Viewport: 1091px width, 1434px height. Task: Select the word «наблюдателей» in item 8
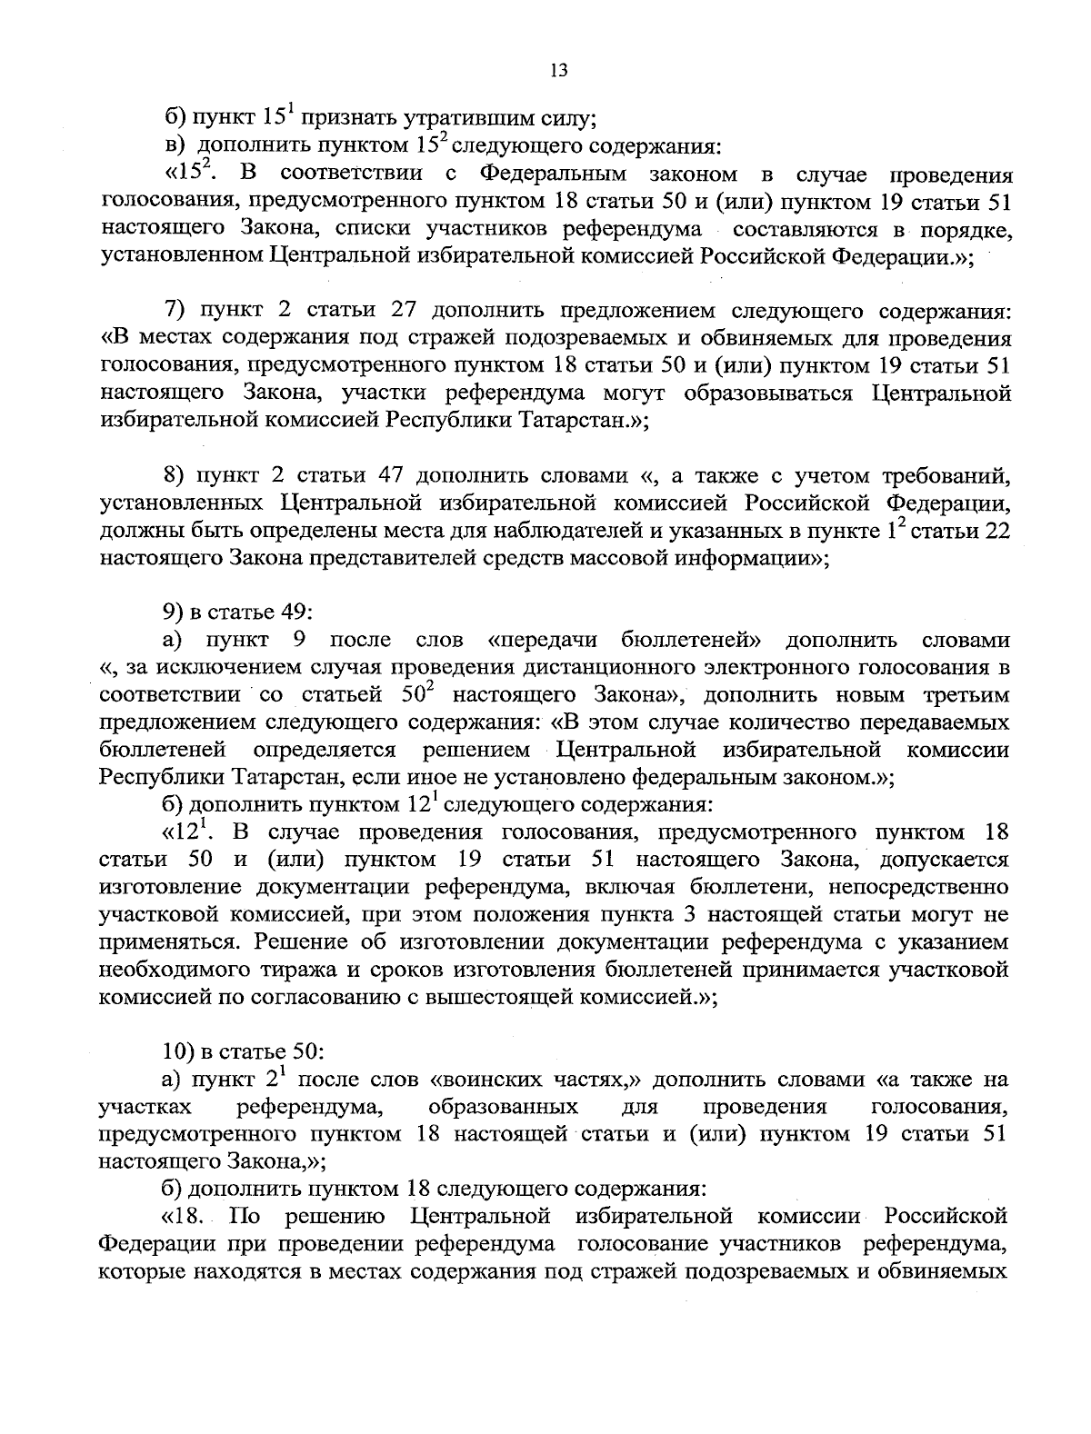(x=574, y=532)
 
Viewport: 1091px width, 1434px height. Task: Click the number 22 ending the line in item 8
(x=996, y=532)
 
